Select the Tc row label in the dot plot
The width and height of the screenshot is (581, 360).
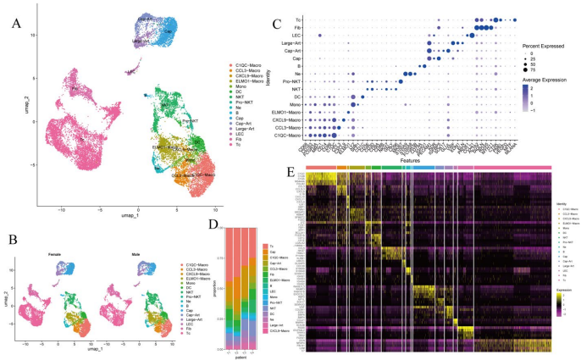click(298, 18)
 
